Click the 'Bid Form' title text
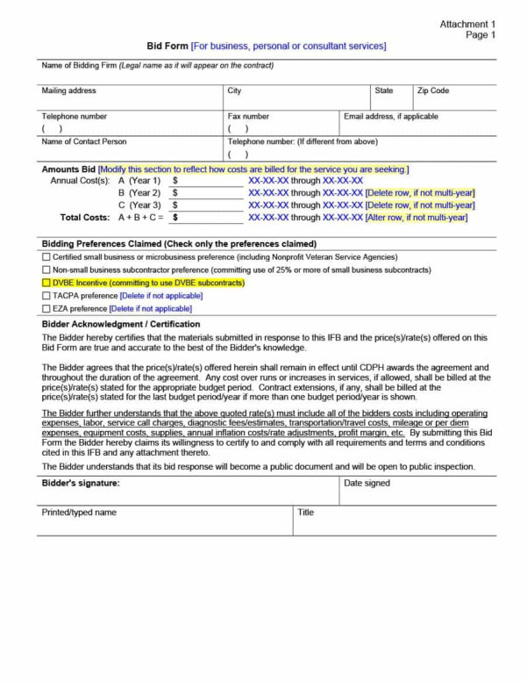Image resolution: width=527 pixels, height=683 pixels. [167, 46]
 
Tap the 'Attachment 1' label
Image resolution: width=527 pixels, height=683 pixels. [467, 24]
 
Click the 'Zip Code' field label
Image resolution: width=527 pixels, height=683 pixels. [433, 90]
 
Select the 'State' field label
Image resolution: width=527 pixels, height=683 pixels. [384, 90]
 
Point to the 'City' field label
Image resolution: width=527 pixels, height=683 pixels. [234, 90]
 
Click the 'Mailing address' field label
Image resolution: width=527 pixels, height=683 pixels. [69, 90]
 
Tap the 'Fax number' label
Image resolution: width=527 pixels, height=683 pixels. [248, 116]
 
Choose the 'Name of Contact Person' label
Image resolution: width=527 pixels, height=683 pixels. [84, 140]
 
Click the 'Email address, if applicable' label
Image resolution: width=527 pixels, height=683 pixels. [390, 116]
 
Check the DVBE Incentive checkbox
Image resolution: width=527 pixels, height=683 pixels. [46, 284]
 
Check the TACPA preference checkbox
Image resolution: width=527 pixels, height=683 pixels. [46, 296]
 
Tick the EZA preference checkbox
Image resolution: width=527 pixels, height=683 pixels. [46, 309]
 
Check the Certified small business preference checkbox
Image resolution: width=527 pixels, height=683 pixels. [46, 257]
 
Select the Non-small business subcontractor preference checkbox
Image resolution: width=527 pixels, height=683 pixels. [46, 270]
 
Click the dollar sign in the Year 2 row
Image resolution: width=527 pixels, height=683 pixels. [175, 192]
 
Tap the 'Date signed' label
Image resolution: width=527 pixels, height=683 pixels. [367, 483]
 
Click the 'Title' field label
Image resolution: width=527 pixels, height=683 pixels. [305, 512]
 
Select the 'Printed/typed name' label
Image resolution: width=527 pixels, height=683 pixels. [79, 512]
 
